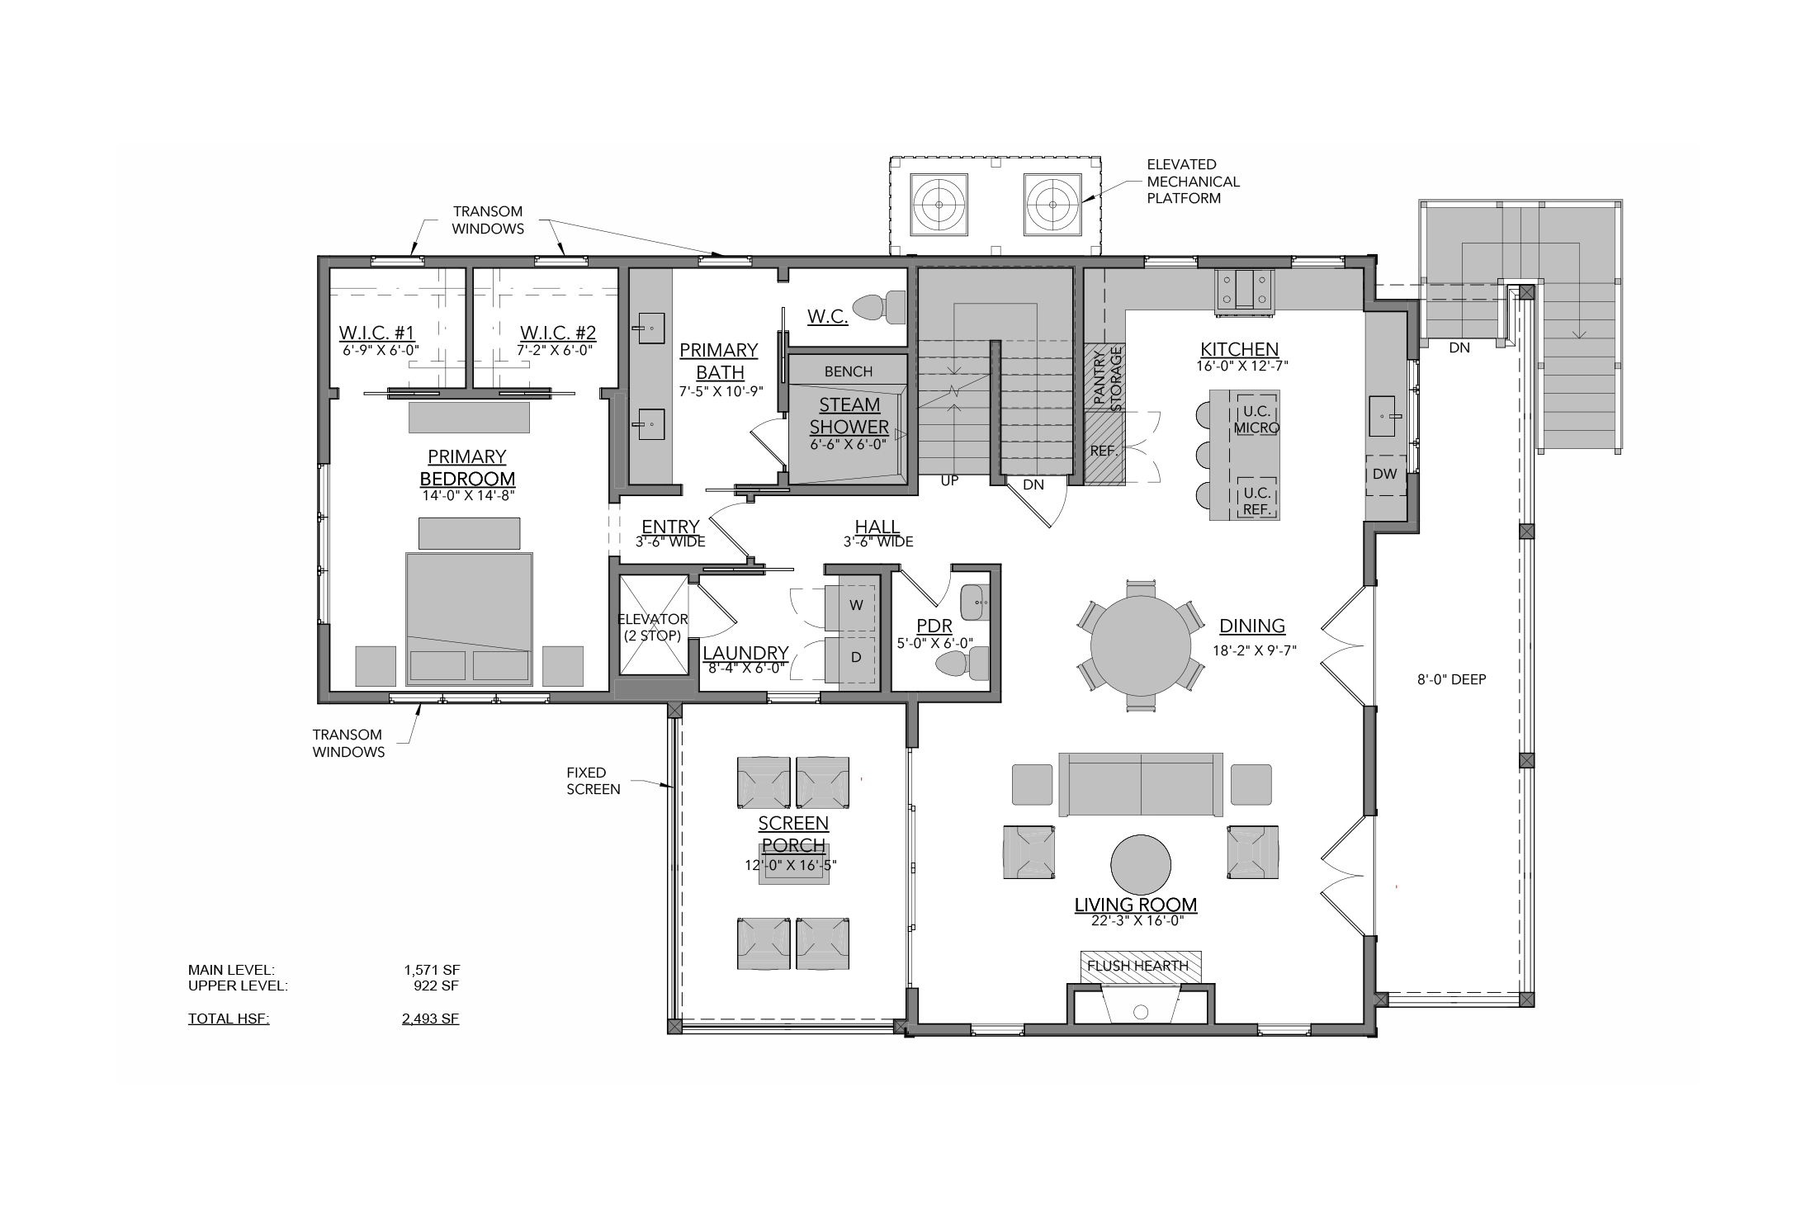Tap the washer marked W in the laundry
850,606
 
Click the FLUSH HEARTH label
1137,966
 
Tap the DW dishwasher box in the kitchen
1385,475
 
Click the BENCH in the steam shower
849,371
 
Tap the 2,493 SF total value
430,1019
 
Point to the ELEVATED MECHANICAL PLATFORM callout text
1194,182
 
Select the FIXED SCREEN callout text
594,781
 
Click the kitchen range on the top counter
1244,292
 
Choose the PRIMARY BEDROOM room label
467,468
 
